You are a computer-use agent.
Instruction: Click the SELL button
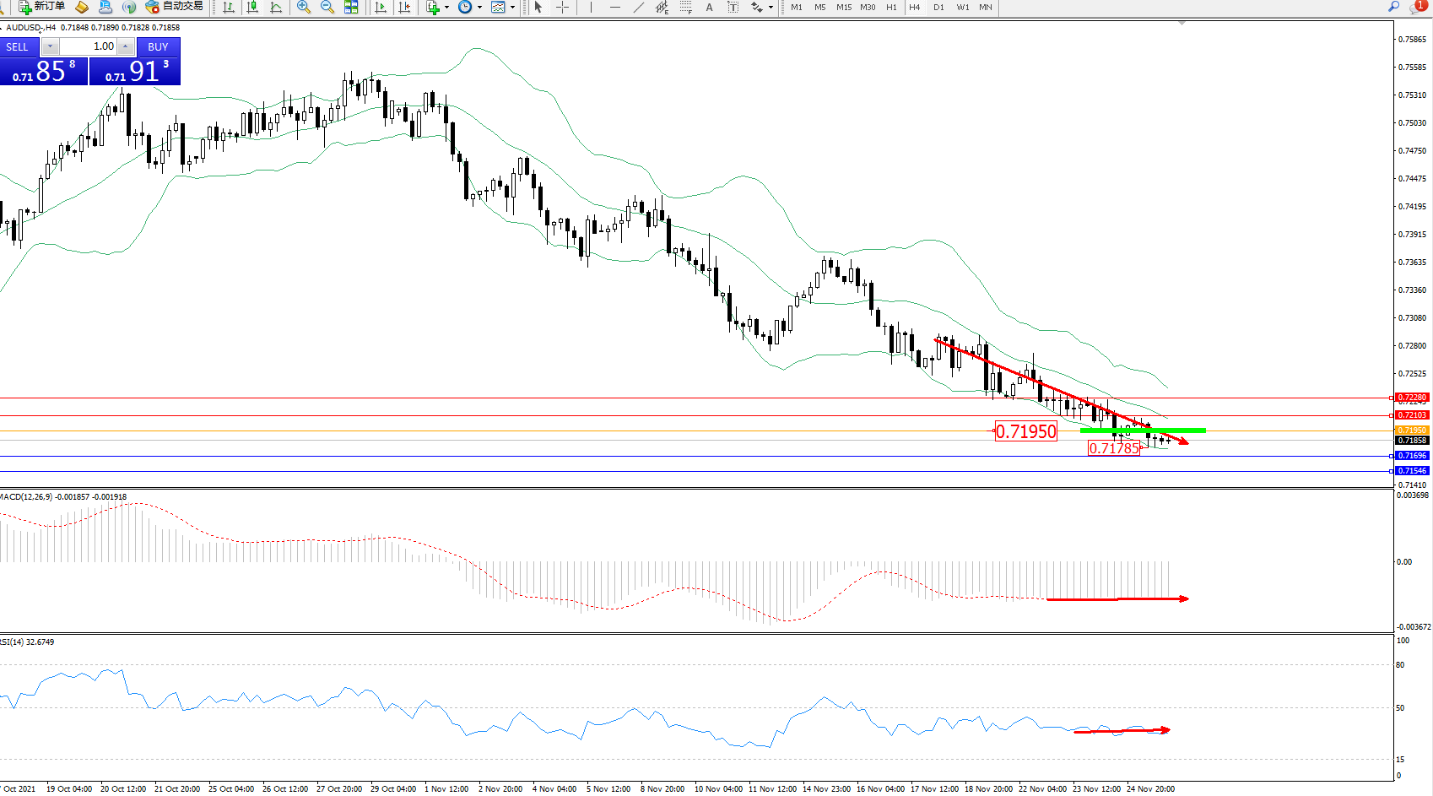click(17, 47)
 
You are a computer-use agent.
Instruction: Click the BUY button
click(158, 47)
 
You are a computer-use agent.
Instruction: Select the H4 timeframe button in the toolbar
click(915, 8)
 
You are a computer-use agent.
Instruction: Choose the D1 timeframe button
click(938, 8)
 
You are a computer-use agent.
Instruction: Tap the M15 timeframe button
click(844, 8)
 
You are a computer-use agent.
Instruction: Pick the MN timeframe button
click(986, 8)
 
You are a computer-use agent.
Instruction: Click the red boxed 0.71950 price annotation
click(1025, 432)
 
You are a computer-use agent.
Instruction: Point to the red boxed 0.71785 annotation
click(1114, 448)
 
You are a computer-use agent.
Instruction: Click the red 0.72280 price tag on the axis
click(1412, 398)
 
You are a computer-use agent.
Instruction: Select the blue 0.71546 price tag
click(1412, 471)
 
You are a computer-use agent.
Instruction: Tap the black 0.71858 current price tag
click(1412, 441)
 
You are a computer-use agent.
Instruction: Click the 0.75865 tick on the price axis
click(1412, 40)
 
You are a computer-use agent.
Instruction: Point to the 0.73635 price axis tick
click(1412, 263)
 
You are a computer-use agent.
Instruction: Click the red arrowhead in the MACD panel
click(1184, 599)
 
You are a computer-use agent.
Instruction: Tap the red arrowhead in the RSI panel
click(1165, 730)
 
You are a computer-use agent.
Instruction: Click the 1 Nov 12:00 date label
click(446, 789)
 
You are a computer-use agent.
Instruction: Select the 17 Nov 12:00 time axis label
click(934, 789)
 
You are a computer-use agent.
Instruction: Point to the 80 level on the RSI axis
click(1400, 665)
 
